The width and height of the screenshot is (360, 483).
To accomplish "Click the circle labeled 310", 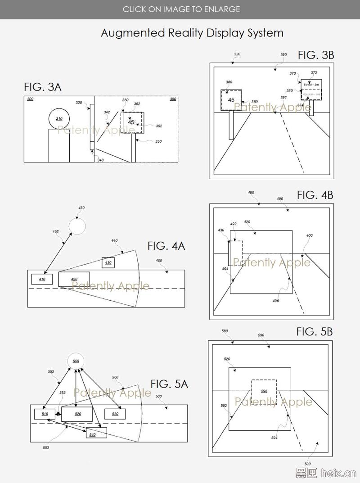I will click(x=59, y=119).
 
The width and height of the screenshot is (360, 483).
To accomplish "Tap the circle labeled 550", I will click(x=76, y=361).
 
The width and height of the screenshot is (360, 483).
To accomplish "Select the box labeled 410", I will click(x=42, y=279).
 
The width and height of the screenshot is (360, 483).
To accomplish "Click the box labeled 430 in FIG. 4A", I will click(x=108, y=262).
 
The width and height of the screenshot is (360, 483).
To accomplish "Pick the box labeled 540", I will click(x=96, y=433).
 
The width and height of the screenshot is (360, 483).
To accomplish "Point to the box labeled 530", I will click(x=115, y=413).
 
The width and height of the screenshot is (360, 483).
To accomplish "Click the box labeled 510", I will click(x=45, y=413).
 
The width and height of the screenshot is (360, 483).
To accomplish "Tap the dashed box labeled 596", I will click(x=264, y=391).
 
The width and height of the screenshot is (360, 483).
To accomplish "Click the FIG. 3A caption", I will click(x=43, y=87).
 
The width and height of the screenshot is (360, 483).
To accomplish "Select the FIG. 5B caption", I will click(x=314, y=332).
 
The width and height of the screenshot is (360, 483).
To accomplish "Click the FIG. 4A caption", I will click(x=166, y=246).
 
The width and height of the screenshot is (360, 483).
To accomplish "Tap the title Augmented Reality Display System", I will click(x=192, y=33).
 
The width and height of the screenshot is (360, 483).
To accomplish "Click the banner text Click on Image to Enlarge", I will click(x=181, y=9).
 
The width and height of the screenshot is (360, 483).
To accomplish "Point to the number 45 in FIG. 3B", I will click(x=231, y=100).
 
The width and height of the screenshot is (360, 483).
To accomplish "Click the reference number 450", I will click(x=81, y=208).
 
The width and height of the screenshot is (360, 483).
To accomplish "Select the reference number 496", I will click(x=276, y=301).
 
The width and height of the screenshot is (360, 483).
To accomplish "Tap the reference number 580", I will click(x=225, y=331).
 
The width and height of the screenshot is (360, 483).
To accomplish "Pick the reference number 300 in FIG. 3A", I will click(x=30, y=99).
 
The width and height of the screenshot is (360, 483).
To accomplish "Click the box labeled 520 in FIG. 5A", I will click(x=77, y=413).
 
